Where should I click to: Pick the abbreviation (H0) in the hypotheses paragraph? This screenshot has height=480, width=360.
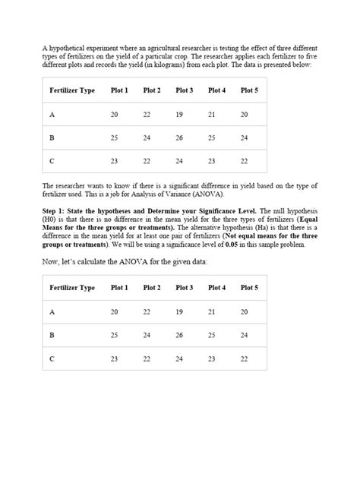(x=49, y=218)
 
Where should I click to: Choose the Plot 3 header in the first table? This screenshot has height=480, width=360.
(x=185, y=90)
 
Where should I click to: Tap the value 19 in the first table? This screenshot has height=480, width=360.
(x=179, y=114)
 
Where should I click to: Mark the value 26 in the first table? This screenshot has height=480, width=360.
(x=179, y=137)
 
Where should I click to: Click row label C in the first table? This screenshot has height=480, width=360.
(x=52, y=161)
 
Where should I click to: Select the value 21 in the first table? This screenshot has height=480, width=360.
(x=212, y=114)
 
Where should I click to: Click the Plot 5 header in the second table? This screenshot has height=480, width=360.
(x=249, y=288)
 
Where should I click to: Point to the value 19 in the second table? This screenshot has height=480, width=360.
(x=179, y=311)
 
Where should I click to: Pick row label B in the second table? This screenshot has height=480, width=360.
(x=52, y=335)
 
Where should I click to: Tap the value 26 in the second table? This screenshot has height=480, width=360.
(x=179, y=335)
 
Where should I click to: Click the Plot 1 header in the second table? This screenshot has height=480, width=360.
(x=119, y=288)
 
